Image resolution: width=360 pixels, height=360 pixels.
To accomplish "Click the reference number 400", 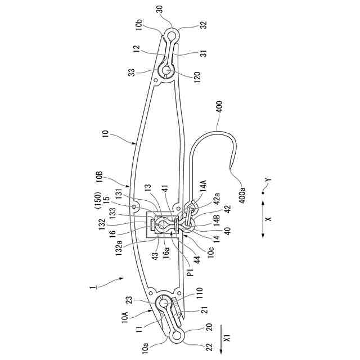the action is pos(219,106).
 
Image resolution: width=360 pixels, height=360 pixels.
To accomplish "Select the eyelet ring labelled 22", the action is pos(176,336).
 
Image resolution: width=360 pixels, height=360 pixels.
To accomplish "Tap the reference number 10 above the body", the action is pos(104,136).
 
